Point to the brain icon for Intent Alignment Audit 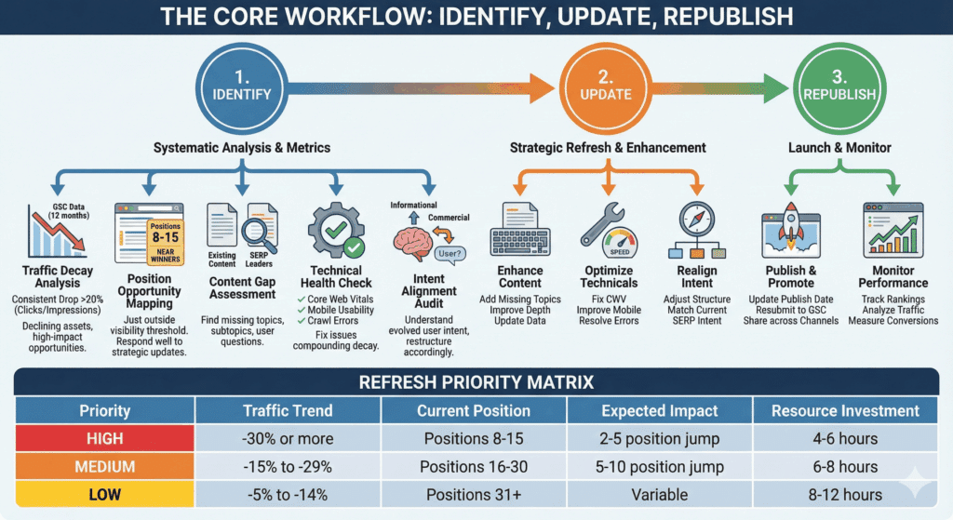(x=416, y=243)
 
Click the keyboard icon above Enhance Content (x=520, y=233)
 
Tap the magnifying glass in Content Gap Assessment (x=255, y=232)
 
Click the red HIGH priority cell (x=103, y=438)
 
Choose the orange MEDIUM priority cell (x=103, y=466)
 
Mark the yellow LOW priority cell (x=103, y=494)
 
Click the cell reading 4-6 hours (x=844, y=438)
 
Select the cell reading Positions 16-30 (x=476, y=466)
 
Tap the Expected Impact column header (x=660, y=410)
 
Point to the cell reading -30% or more (x=289, y=438)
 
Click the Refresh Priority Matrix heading (x=476, y=381)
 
